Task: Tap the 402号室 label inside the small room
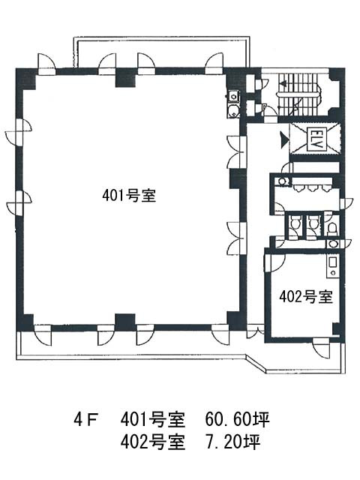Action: coord(305,296)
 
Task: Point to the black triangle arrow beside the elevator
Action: coord(282,138)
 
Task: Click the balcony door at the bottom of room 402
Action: coord(322,346)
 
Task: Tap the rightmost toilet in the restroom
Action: coord(332,227)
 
